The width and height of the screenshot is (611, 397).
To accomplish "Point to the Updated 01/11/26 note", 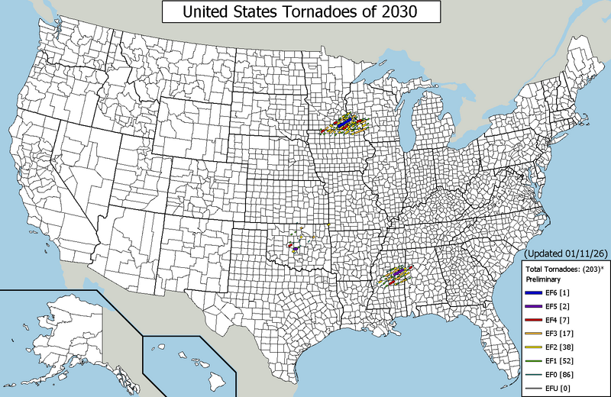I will pos(567,253).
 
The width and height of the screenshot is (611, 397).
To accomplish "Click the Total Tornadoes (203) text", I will pos(564,270).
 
